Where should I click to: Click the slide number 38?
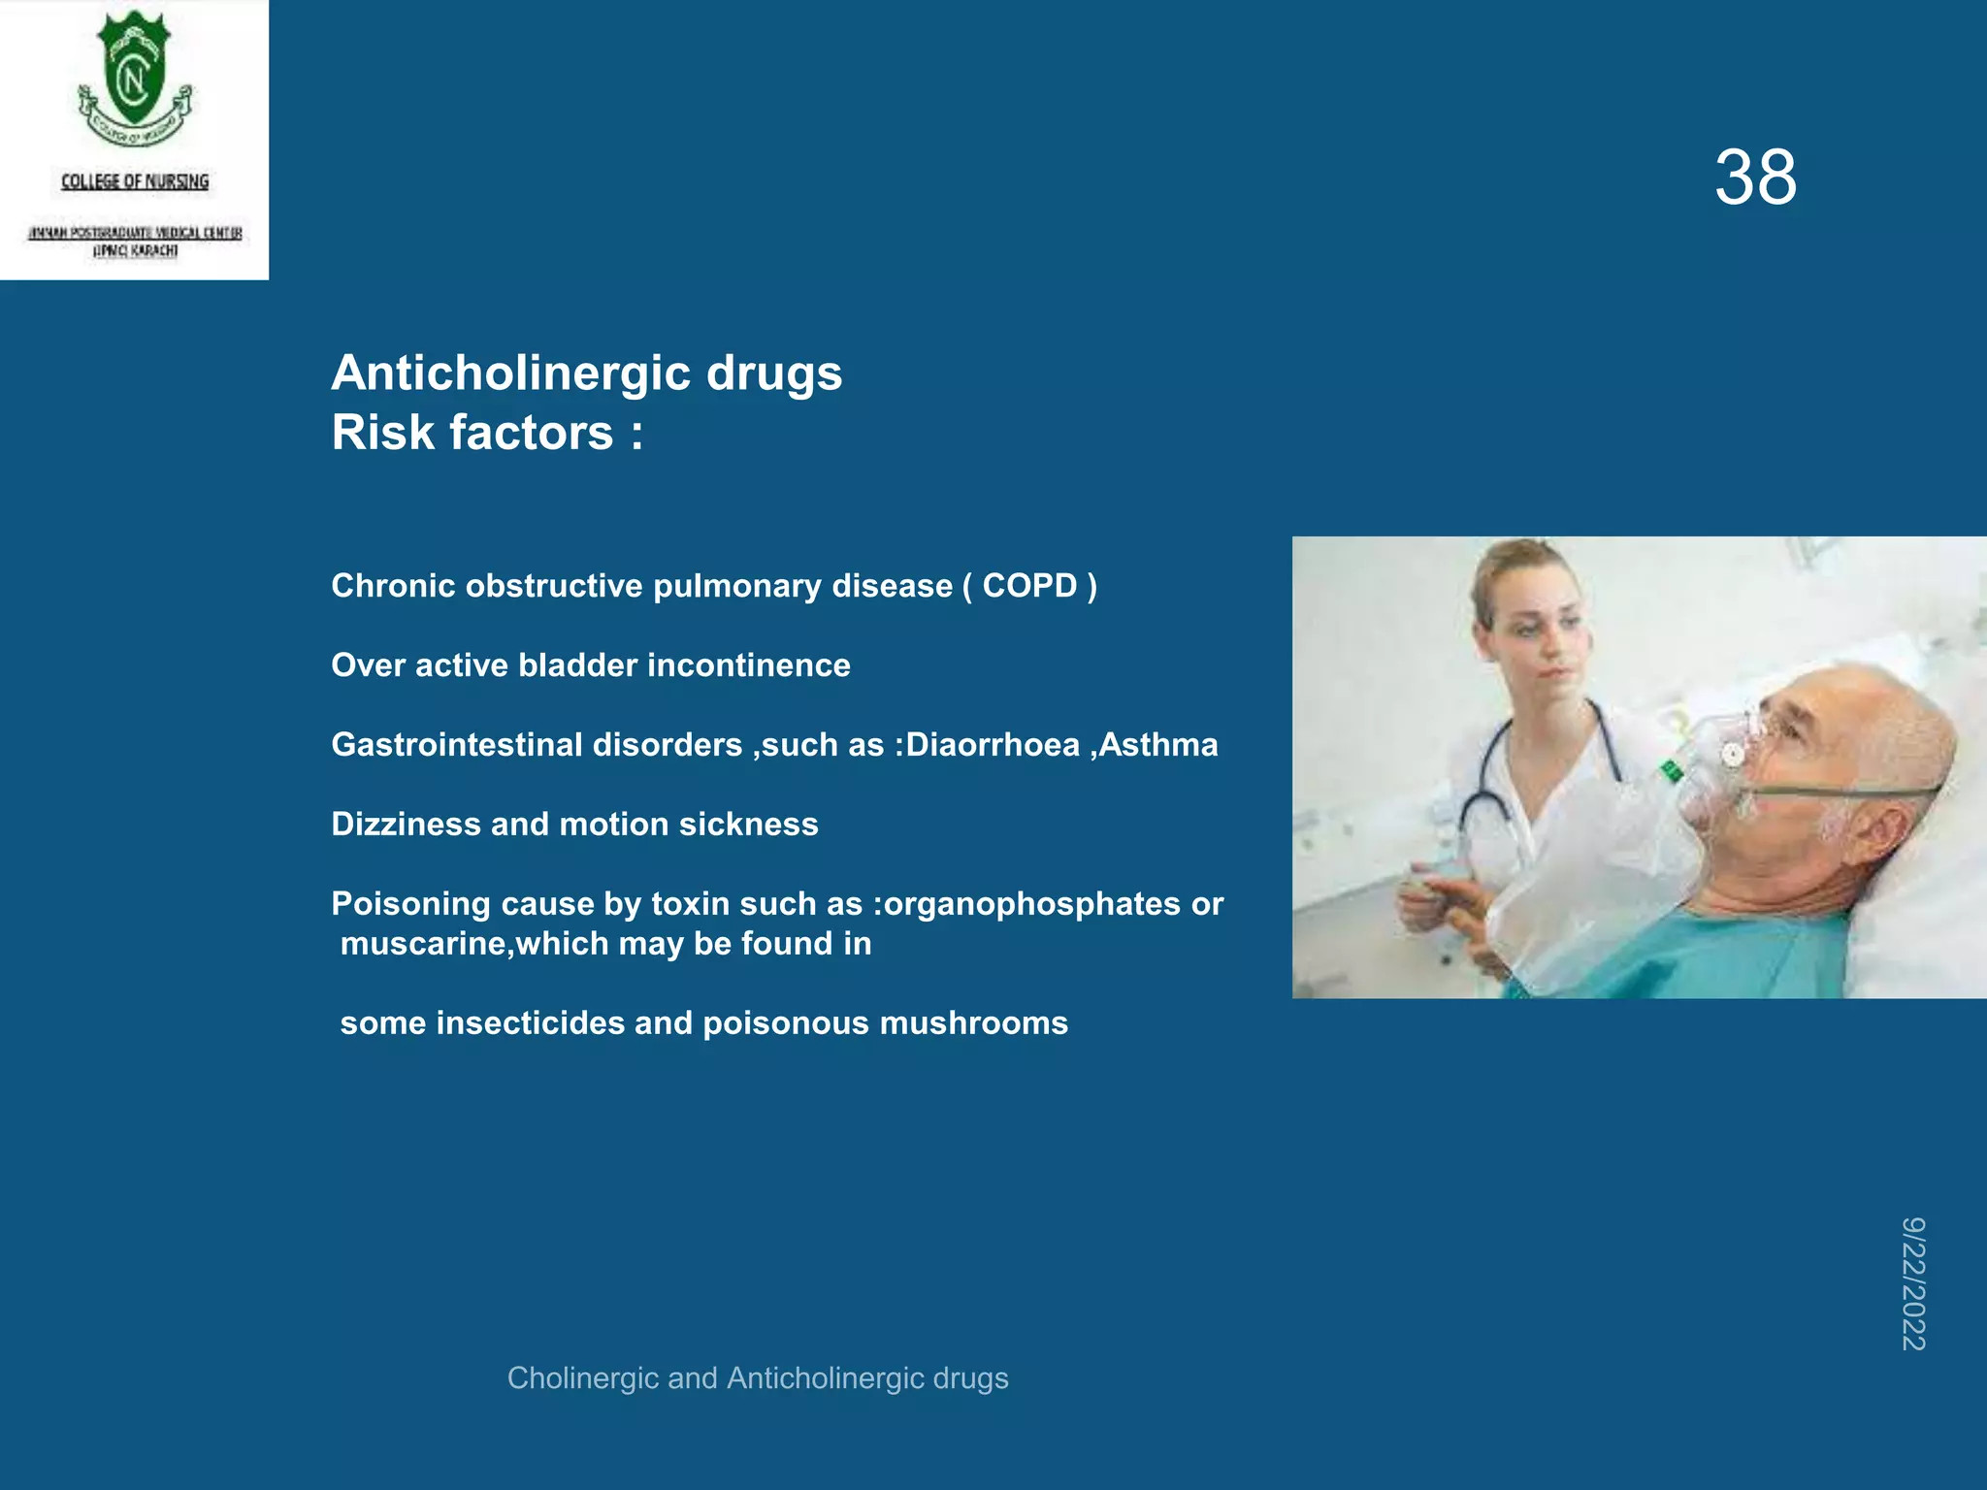(1755, 178)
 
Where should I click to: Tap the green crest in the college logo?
(135, 73)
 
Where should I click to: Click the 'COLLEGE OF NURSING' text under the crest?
(135, 181)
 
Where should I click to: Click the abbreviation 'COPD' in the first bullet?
(1029, 586)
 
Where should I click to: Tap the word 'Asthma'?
(1158, 745)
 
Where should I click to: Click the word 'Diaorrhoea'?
(993, 745)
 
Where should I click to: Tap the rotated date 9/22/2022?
(1913, 1283)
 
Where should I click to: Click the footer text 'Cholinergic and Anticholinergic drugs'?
(758, 1378)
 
